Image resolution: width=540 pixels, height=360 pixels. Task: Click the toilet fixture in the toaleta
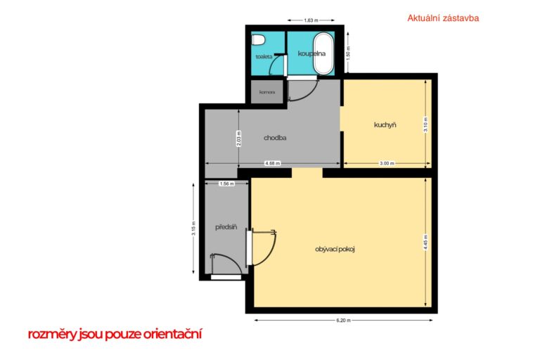point(258,39)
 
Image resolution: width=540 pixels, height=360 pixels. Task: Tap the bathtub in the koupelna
point(323,53)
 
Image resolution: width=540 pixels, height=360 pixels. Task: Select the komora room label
point(267,92)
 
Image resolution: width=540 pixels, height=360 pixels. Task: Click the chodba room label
point(275,138)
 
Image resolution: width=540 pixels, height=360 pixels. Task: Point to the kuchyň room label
point(385,124)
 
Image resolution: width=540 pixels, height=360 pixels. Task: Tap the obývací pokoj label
point(335,249)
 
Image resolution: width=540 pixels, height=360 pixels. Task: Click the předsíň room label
point(226,227)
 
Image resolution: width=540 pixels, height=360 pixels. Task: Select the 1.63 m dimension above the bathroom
point(311,20)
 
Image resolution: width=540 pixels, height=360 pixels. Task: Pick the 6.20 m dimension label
point(343,320)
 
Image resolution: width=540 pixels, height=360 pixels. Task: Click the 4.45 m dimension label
point(425,242)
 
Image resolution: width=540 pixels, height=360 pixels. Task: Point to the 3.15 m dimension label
point(193,229)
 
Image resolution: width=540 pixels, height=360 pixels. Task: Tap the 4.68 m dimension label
point(272,163)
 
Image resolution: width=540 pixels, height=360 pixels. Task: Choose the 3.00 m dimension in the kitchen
point(387,163)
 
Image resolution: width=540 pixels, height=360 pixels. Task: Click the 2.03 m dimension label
point(238,139)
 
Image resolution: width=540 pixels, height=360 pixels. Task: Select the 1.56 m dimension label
point(226,184)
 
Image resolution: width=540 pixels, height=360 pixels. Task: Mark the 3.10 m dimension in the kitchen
point(425,124)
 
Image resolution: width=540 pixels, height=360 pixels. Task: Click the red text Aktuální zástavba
point(443,18)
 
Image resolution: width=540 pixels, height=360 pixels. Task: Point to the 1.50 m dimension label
point(348,53)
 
